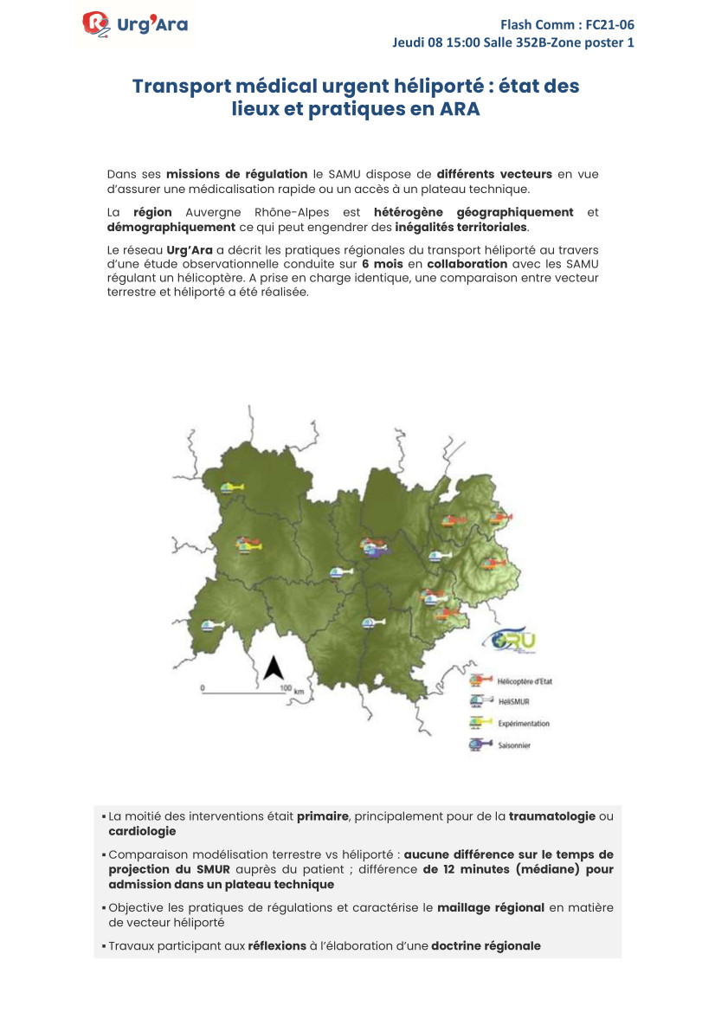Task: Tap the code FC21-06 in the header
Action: pyautogui.click(x=609, y=24)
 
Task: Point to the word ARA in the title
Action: pyautogui.click(x=459, y=111)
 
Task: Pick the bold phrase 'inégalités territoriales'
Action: pyautogui.click(x=461, y=228)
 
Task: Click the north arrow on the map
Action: pyautogui.click(x=274, y=667)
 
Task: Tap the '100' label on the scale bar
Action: pyautogui.click(x=285, y=689)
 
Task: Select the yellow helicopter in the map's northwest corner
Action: pyautogui.click(x=230, y=489)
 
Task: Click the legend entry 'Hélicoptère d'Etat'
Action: pyautogui.click(x=525, y=681)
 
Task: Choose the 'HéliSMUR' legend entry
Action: pyautogui.click(x=508, y=702)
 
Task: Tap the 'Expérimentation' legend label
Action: pyautogui.click(x=523, y=724)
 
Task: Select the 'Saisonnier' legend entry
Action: pyautogui.click(x=513, y=744)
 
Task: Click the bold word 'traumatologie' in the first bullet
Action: pyautogui.click(x=552, y=816)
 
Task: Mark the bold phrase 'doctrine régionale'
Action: pyautogui.click(x=486, y=945)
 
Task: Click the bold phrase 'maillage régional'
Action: pyautogui.click(x=491, y=907)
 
